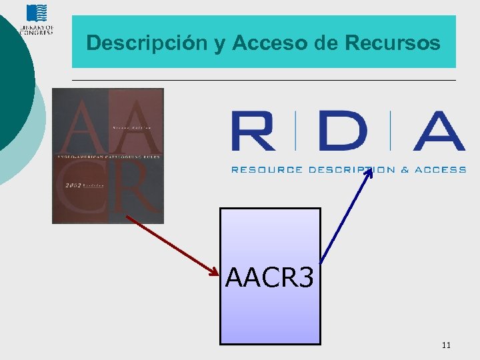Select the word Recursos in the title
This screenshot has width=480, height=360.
[x=393, y=43]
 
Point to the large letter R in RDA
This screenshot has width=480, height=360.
[x=253, y=131]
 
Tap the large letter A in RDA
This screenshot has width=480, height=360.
[x=439, y=131]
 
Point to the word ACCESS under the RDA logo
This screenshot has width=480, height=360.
[x=441, y=170]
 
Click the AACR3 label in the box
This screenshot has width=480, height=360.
[x=269, y=277]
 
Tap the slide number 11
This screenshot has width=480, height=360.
[x=446, y=345]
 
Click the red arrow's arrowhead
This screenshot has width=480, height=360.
[x=215, y=272]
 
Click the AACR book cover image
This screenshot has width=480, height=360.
[x=108, y=156]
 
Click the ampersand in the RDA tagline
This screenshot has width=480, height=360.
[x=405, y=170]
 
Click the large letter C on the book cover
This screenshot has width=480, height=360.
[x=79, y=193]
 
